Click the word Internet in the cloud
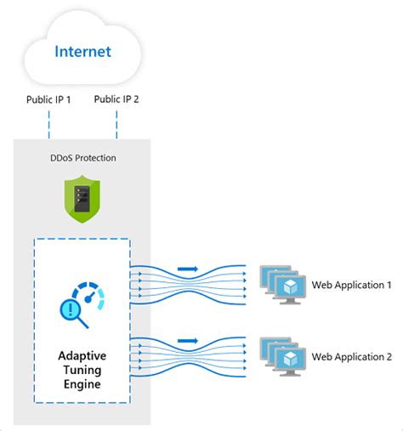point(82,51)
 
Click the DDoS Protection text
point(82,158)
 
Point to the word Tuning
point(82,369)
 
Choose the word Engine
point(82,383)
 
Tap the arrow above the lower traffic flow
point(190,342)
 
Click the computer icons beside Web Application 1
point(281,284)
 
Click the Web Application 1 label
point(351,285)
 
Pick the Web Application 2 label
point(351,355)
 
